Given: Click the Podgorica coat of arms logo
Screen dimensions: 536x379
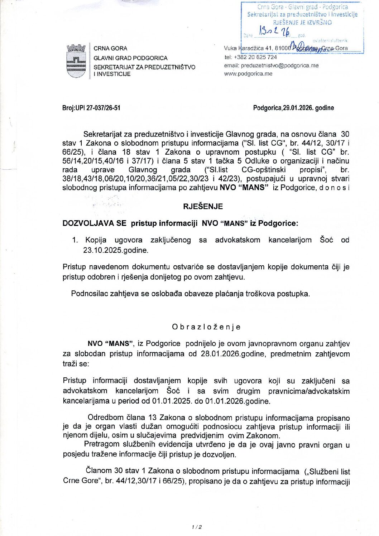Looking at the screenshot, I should click(76, 61).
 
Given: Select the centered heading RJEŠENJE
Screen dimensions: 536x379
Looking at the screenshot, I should click(203, 206).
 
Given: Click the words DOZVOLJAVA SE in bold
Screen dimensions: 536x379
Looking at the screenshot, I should click(94, 223).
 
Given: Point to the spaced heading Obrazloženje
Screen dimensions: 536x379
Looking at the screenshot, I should click(206, 327).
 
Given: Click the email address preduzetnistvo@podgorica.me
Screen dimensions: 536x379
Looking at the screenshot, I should click(279, 66).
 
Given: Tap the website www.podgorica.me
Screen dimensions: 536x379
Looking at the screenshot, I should click(248, 74).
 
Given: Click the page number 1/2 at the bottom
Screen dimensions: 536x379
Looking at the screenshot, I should click(197, 527).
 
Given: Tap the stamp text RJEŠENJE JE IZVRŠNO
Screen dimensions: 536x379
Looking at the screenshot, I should click(302, 22).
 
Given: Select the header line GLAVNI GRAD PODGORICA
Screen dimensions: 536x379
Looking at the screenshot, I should click(130, 58).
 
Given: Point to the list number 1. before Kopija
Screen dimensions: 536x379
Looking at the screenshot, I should click(75, 240).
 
